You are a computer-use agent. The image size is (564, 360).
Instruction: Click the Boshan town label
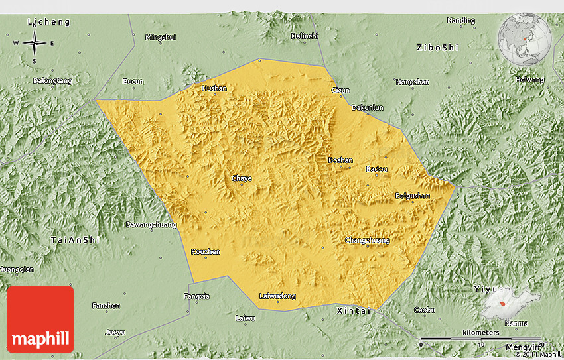pos(340,160)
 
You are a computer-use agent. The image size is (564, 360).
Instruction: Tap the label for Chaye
pos(242,178)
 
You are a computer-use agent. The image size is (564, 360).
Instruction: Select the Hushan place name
pos(214,88)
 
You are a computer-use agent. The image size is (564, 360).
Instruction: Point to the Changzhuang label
pos(367,240)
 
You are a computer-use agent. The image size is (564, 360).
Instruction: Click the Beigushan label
pos(412,196)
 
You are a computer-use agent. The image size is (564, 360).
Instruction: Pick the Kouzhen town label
pos(205,251)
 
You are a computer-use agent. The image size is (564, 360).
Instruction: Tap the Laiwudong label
pos(277,296)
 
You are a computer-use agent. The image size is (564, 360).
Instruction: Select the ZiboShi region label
pos(437,48)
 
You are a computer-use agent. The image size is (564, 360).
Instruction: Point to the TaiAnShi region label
pos(74,239)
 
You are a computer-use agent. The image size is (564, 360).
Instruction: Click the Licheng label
pos(48,22)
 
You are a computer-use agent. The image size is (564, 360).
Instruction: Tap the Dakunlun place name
pos(367,107)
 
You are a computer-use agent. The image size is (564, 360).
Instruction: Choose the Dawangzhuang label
pos(151,225)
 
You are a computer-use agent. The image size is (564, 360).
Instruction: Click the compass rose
pos(34,44)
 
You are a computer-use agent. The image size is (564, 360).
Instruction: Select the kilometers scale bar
pos(481,338)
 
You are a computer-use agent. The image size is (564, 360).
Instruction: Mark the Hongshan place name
pos(412,82)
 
